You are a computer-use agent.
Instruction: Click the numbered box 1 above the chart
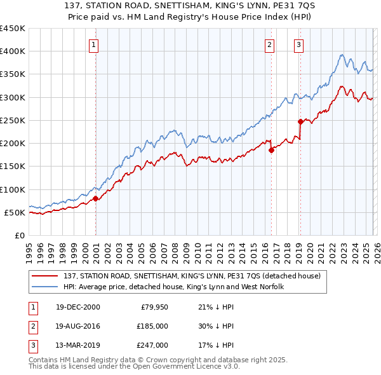pyautogui.click(x=93, y=44)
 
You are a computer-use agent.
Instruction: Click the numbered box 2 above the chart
pyautogui.click(x=270, y=44)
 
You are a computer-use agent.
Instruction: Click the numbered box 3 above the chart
pyautogui.click(x=298, y=44)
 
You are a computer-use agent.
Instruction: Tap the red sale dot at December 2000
pyautogui.click(x=96, y=198)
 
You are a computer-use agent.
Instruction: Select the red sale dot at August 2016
pyautogui.click(x=271, y=150)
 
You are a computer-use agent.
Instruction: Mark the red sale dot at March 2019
pyautogui.click(x=300, y=121)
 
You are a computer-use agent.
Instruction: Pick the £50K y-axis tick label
pyautogui.click(x=15, y=212)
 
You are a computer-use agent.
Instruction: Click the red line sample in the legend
pyautogui.click(x=46, y=276)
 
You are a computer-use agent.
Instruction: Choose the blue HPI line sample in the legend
pyautogui.click(x=46, y=287)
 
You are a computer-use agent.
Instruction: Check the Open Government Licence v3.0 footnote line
pyautogui.click(x=135, y=367)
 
